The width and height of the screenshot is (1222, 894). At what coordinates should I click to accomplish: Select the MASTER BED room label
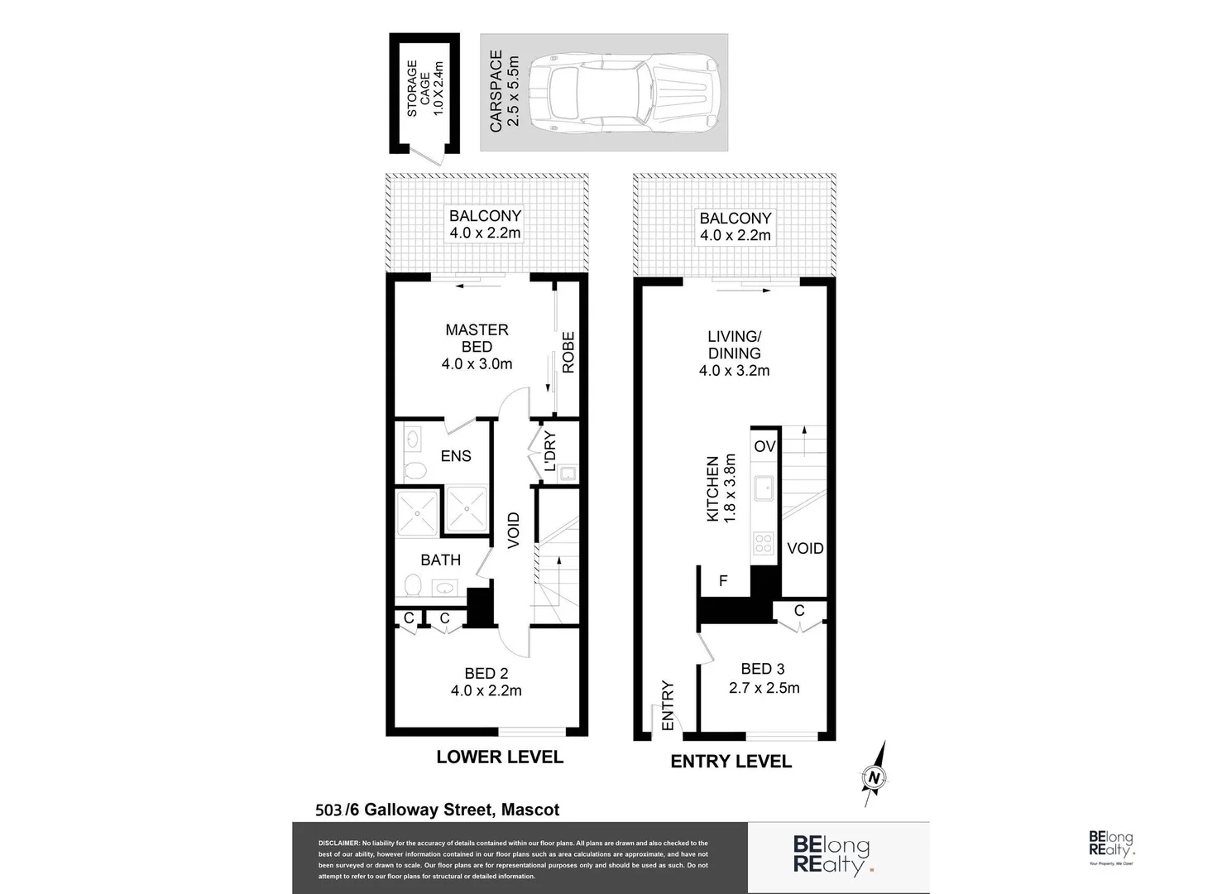tap(477, 338)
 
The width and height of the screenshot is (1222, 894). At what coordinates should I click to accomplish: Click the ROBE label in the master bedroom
tap(568, 353)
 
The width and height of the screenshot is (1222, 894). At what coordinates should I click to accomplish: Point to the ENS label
tap(455, 456)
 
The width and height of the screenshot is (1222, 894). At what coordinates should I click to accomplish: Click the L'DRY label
tap(550, 451)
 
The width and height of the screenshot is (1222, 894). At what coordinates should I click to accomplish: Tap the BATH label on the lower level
tap(440, 560)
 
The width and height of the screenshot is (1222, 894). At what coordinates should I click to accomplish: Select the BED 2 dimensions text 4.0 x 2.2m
tap(486, 690)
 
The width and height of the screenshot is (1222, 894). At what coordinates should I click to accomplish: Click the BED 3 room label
tap(763, 669)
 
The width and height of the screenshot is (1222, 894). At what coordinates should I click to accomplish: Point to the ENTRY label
tap(668, 705)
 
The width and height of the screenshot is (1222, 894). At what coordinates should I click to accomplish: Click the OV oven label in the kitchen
tap(764, 446)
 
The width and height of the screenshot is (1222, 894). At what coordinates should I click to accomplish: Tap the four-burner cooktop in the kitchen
tap(763, 544)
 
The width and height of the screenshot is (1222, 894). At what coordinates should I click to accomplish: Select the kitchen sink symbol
tap(763, 488)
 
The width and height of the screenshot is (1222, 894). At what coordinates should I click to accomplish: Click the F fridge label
tap(723, 581)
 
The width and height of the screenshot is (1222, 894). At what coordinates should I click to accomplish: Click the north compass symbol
tap(874, 776)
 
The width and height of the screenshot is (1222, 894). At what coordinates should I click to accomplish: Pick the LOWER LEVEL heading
tap(500, 757)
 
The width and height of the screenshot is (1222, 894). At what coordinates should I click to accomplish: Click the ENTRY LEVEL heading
tap(731, 762)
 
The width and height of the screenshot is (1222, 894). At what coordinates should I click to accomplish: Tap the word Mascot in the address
tap(530, 810)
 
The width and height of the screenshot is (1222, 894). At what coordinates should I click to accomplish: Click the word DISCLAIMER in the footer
tap(338, 843)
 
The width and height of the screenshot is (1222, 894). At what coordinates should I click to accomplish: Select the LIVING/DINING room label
tap(734, 344)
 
